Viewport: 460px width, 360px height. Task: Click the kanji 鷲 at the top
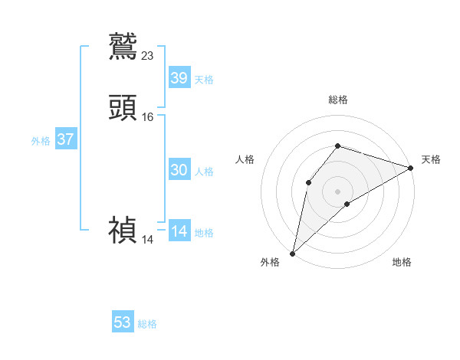pos(123,46)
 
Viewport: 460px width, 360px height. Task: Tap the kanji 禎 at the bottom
pos(123,230)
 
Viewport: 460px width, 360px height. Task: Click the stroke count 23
pos(148,55)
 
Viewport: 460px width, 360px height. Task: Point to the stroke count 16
pos(148,117)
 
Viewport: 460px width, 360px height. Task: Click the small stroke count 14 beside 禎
pos(147,240)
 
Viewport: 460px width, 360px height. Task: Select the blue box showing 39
pos(179,77)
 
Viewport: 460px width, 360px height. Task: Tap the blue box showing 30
pos(179,170)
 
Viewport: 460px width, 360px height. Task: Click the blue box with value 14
pos(179,231)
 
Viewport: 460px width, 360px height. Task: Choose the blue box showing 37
pos(66,139)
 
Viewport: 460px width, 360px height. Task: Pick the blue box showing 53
pos(123,322)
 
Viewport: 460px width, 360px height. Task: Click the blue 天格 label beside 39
pos(204,80)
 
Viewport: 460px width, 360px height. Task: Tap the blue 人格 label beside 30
pos(204,172)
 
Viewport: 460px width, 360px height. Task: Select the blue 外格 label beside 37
pos(41,141)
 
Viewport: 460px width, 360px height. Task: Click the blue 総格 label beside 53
pos(147,324)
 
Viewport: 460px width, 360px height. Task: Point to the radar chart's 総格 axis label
pos(337,100)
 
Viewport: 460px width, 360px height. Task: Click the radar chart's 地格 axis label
pos(402,262)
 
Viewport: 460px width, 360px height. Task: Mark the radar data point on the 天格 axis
pos(411,168)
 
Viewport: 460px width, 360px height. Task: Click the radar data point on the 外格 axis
pos(292,253)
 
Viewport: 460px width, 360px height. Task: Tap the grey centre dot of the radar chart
pos(337,191)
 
